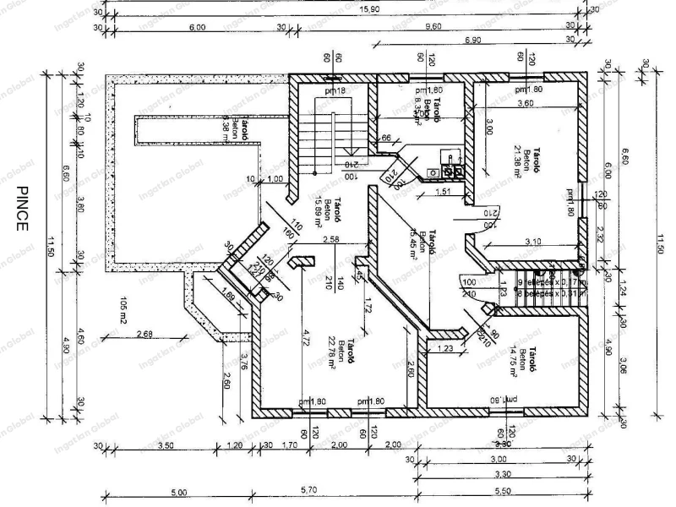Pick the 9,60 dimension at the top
[x=434, y=26]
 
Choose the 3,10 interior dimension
[x=532, y=243]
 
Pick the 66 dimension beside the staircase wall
[x=385, y=137]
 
